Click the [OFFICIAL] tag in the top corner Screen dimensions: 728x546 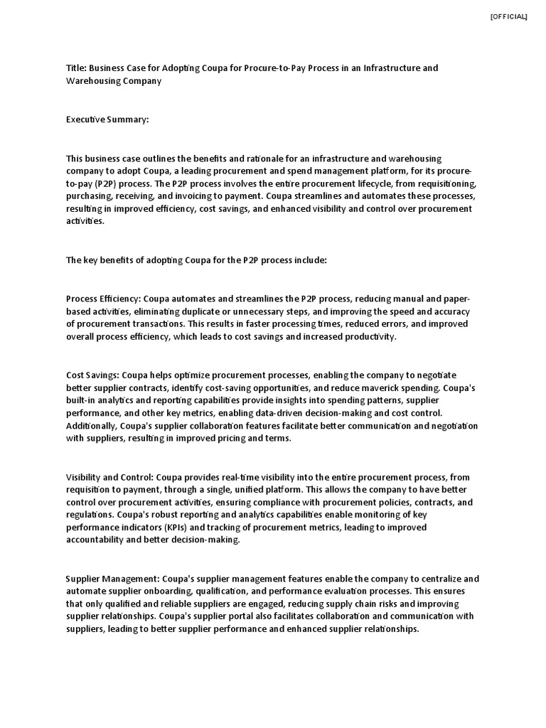[508, 17]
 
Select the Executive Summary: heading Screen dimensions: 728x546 [107, 119]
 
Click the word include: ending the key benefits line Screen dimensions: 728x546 [309, 260]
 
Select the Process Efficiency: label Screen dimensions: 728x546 [109, 299]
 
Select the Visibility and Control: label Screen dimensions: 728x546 [109, 478]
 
